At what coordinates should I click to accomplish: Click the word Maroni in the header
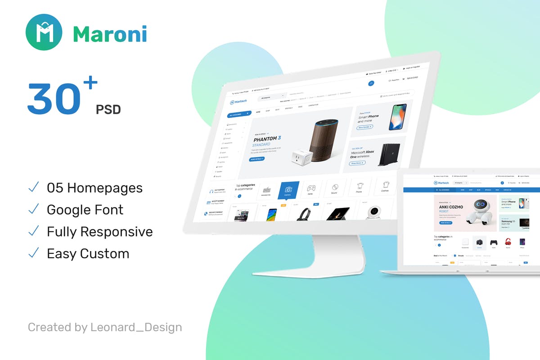[x=110, y=34]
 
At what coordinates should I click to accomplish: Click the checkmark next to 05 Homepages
[x=33, y=187]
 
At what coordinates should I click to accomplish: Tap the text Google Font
[x=85, y=210]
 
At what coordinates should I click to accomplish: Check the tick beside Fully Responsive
[x=33, y=231]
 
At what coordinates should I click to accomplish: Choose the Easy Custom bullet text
[x=88, y=254]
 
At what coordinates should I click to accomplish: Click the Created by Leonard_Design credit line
[x=105, y=327]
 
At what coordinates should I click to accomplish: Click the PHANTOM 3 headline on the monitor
[x=267, y=139]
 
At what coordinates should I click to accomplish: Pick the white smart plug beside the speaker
[x=299, y=157]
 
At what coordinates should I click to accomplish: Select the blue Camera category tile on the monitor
[x=288, y=190]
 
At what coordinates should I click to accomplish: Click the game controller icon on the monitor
[x=311, y=189]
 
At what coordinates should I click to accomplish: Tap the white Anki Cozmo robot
[x=481, y=213]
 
